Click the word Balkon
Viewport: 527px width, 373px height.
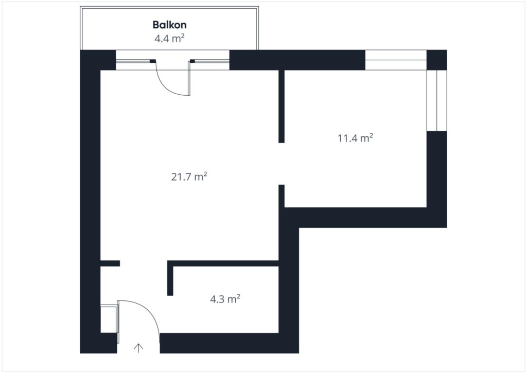pyautogui.click(x=169, y=25)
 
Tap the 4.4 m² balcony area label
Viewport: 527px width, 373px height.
pyautogui.click(x=169, y=38)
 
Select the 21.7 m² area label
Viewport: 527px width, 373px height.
pyautogui.click(x=189, y=176)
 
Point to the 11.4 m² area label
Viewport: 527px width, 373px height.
pyautogui.click(x=355, y=138)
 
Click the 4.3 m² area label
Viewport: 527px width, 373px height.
pyautogui.click(x=225, y=299)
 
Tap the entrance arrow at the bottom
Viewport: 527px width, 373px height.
pyautogui.click(x=138, y=348)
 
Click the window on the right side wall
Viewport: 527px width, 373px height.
pyautogui.click(x=436, y=100)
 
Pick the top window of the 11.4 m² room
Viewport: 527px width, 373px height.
pyautogui.click(x=396, y=60)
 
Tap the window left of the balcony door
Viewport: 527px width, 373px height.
pyautogui.click(x=133, y=61)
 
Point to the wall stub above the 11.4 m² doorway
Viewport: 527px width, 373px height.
pyautogui.click(x=282, y=106)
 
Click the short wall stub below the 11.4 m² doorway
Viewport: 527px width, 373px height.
pyautogui.click(x=282, y=196)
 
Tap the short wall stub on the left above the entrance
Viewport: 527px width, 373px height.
pyautogui.click(x=110, y=263)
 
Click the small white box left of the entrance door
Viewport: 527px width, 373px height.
pyautogui.click(x=109, y=319)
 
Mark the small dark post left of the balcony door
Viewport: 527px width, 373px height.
pyautogui.click(x=153, y=61)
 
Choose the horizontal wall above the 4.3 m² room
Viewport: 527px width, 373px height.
pyautogui.click(x=223, y=263)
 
